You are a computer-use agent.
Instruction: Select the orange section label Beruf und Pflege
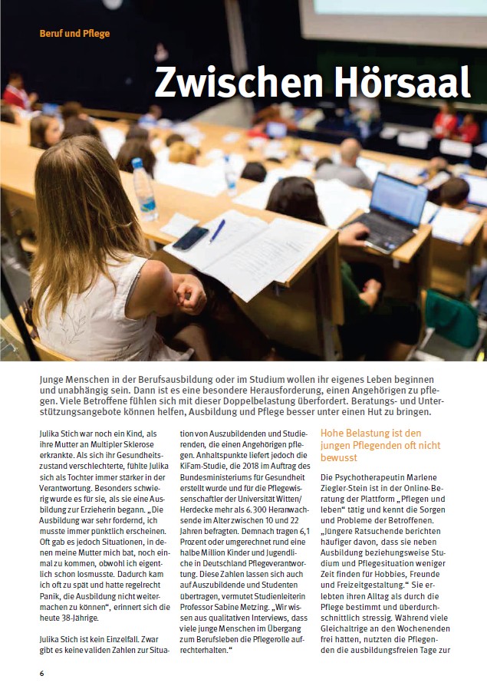coord(74,34)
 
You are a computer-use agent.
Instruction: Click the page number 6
coord(42,674)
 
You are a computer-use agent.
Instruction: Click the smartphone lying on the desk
coord(190,238)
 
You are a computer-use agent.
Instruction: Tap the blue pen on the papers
coord(217,230)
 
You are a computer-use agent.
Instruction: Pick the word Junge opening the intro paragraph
coord(54,381)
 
